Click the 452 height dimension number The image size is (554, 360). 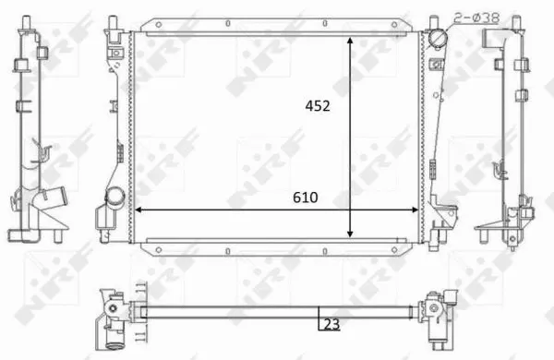(317, 106)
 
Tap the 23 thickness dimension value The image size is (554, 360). (331, 323)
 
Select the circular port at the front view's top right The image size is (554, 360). (435, 39)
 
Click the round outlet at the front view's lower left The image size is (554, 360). (114, 198)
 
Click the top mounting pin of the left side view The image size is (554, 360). (21, 24)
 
